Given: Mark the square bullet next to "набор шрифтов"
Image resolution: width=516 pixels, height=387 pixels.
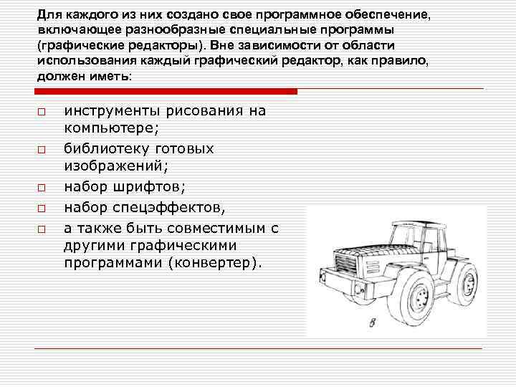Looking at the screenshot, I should pyautogui.click(x=42, y=188).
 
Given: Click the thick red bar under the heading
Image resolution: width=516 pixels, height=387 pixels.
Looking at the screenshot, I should pyautogui.click(x=165, y=91).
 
